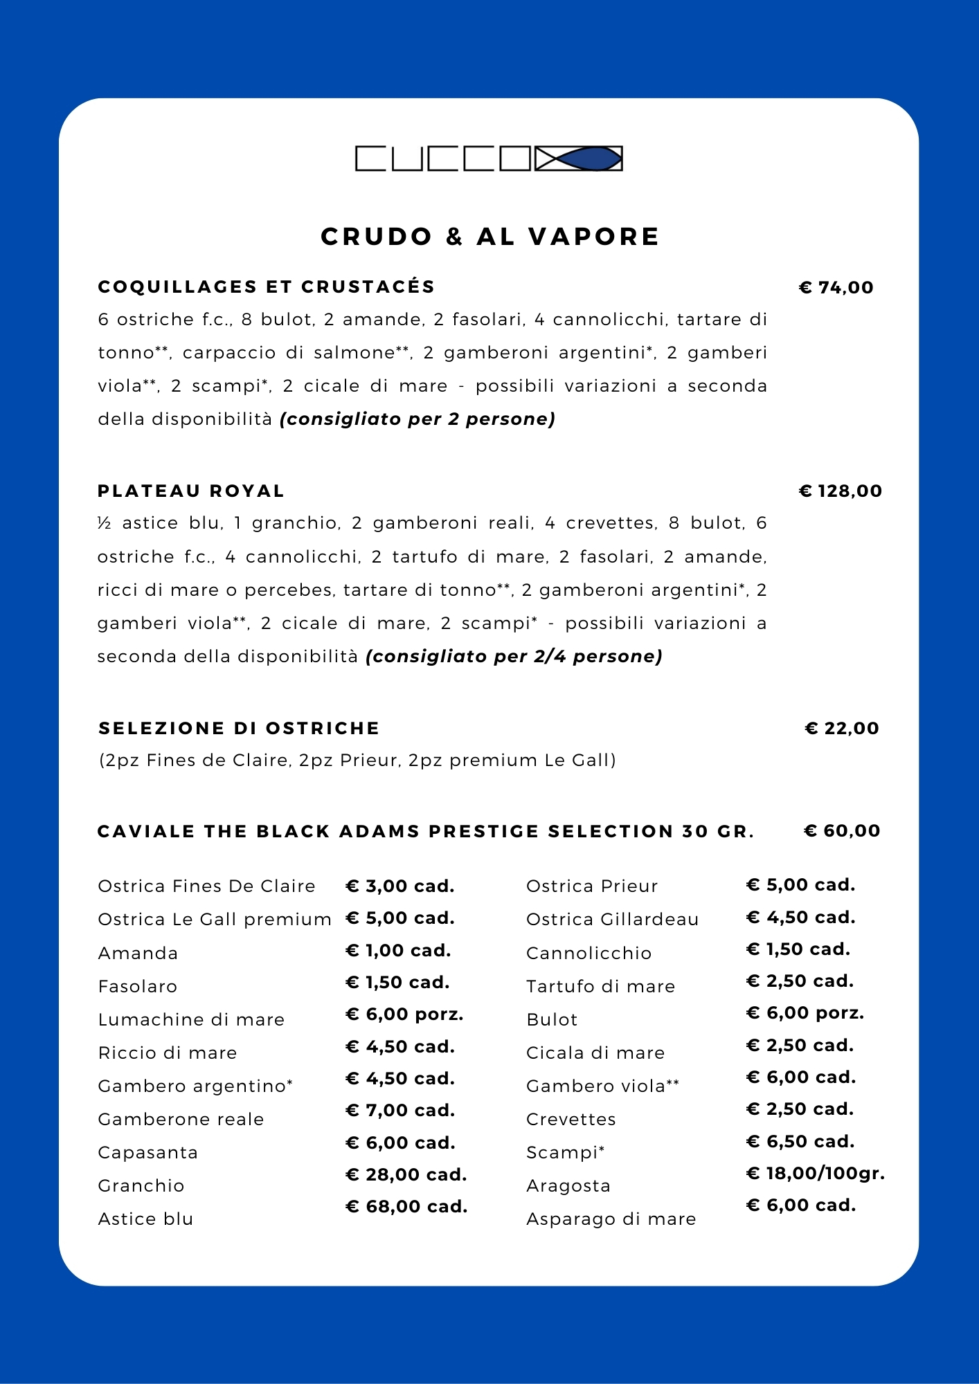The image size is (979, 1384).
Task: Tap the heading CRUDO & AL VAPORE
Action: [489, 237]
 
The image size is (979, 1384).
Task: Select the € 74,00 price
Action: [836, 287]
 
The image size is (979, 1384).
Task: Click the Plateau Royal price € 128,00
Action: [841, 491]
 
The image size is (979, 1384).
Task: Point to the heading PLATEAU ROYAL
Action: [191, 491]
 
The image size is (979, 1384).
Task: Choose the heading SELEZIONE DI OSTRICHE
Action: [239, 728]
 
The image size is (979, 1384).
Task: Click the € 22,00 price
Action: [842, 728]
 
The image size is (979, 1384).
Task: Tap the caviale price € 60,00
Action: [842, 830]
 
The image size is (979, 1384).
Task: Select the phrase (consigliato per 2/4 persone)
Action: [514, 656]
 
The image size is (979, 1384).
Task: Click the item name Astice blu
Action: [145, 1219]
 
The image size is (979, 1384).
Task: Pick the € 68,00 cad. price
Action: [406, 1206]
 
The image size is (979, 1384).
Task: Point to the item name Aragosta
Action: [568, 1185]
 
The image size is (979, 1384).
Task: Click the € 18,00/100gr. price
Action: [815, 1173]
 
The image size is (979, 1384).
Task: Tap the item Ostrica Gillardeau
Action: [612, 919]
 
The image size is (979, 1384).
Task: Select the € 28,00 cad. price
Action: [406, 1174]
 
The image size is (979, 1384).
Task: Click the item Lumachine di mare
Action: [191, 1019]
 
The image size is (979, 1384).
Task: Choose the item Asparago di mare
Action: [611, 1219]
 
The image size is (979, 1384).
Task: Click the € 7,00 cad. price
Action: [400, 1110]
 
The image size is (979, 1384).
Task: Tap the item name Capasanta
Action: [147, 1152]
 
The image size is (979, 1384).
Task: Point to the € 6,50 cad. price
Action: [800, 1141]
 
